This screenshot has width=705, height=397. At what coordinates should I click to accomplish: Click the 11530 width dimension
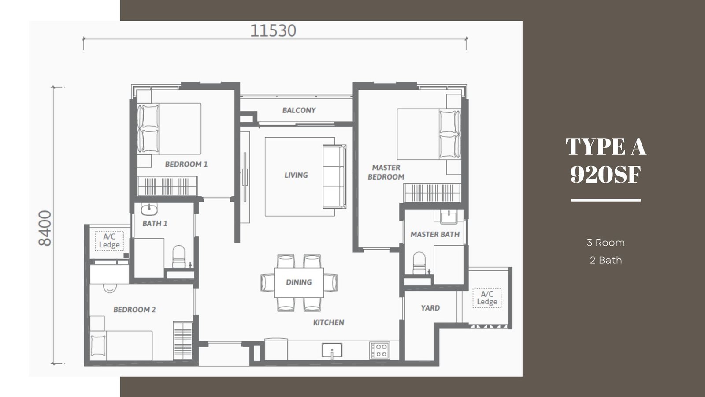(273, 31)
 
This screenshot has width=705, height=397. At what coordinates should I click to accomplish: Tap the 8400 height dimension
(45, 228)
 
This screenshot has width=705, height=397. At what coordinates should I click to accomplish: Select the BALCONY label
(299, 110)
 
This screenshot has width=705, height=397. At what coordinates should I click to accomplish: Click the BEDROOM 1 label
(186, 164)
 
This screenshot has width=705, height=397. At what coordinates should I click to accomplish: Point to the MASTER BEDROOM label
(386, 172)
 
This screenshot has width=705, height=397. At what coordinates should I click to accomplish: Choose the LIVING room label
(296, 175)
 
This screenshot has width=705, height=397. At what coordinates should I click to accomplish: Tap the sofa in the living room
(334, 176)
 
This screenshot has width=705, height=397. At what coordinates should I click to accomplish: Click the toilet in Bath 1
(179, 256)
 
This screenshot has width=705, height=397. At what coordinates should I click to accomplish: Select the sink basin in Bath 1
(149, 209)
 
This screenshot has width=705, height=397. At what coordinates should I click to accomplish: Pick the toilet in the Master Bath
(419, 263)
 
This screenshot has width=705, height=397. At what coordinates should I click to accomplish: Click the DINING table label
(299, 282)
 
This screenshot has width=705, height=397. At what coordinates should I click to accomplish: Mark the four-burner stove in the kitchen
(379, 350)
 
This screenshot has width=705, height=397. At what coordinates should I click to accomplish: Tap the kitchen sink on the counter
(332, 350)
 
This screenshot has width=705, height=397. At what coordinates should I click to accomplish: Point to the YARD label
(430, 308)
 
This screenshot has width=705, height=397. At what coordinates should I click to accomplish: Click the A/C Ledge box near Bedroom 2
(109, 241)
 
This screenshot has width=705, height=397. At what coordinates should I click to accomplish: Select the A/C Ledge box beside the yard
(487, 298)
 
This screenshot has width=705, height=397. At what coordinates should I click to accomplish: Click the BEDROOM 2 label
(134, 310)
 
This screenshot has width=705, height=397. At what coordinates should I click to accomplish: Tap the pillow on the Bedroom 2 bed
(98, 346)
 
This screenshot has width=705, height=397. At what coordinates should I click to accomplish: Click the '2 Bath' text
(606, 260)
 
